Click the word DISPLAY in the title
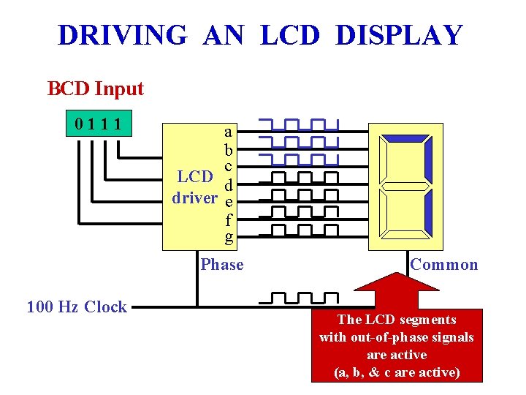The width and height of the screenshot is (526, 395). tap(399, 35)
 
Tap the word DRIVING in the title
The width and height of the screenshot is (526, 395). tap(122, 35)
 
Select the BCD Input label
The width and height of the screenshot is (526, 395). tap(96, 89)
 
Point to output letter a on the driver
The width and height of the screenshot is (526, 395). tap(228, 132)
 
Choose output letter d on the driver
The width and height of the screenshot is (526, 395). tap(229, 184)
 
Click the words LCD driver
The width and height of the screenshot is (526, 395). tap(195, 187)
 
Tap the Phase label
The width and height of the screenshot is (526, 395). tap(222, 264)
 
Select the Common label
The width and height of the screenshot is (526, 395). tap(444, 264)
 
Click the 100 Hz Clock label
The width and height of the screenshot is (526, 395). tap(77, 306)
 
